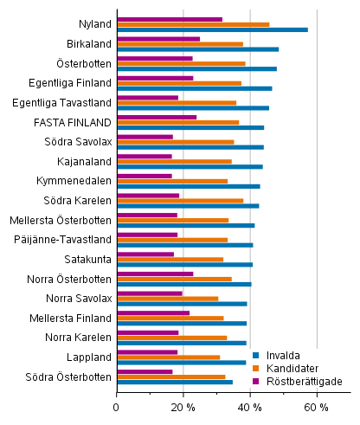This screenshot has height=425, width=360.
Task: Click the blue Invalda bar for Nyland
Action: click(x=212, y=29)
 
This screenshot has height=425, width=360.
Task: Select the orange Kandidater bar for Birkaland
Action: click(x=179, y=43)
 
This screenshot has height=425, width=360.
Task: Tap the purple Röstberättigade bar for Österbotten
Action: click(x=154, y=58)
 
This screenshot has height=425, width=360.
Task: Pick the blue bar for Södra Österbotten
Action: click(x=174, y=382)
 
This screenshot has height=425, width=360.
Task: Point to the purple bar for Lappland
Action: click(x=146, y=352)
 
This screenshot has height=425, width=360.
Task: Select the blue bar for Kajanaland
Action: click(x=190, y=166)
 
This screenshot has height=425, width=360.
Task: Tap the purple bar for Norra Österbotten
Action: click(x=154, y=274)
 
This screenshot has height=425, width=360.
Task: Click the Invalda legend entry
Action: click(x=278, y=354)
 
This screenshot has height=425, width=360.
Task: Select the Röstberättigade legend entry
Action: click(x=293, y=381)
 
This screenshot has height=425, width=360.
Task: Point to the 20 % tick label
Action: click(x=183, y=407)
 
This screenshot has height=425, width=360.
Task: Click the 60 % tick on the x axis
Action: click(x=317, y=407)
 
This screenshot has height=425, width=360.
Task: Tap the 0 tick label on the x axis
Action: click(x=117, y=407)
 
